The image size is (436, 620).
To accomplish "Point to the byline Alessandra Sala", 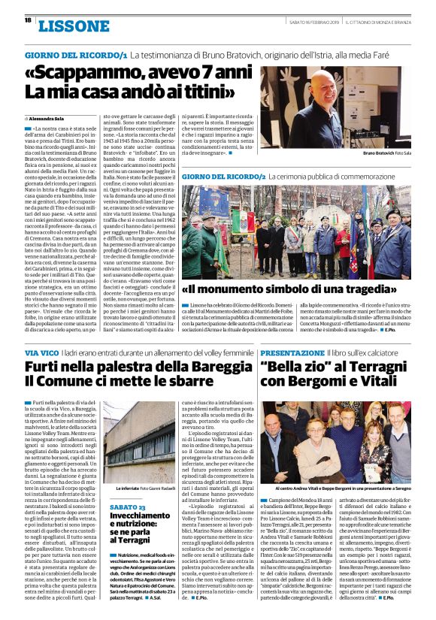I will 52,119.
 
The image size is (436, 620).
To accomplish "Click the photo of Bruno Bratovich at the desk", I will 345,108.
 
